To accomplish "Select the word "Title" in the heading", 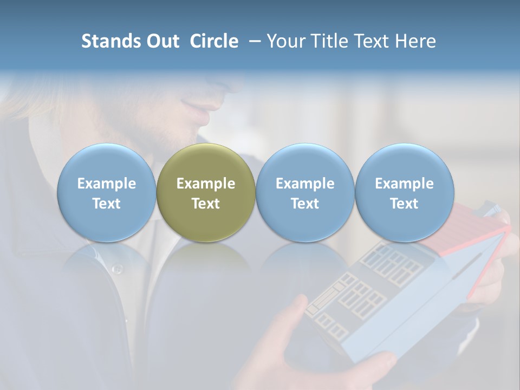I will [329, 41].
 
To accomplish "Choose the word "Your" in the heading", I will [285, 41].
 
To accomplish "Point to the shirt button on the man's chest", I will [116, 269].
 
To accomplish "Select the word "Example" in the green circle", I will [206, 184].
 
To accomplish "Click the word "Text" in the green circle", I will [206, 204].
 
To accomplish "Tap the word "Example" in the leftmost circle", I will [107, 184].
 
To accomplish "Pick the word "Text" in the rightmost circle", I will [404, 204].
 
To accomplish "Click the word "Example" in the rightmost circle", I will [404, 184].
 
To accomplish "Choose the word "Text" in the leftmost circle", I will [107, 204].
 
